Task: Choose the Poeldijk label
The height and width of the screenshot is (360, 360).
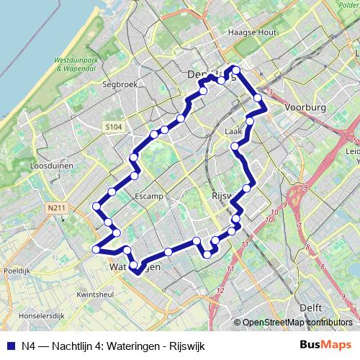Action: (x=16, y=271)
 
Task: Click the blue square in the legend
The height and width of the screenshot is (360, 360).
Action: (x=10, y=345)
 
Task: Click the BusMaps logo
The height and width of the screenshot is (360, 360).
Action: (x=327, y=344)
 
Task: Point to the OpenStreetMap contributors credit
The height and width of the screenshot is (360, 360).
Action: (x=298, y=323)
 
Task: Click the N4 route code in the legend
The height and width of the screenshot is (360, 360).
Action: (x=30, y=345)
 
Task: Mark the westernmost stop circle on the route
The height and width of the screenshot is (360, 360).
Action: (x=96, y=250)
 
